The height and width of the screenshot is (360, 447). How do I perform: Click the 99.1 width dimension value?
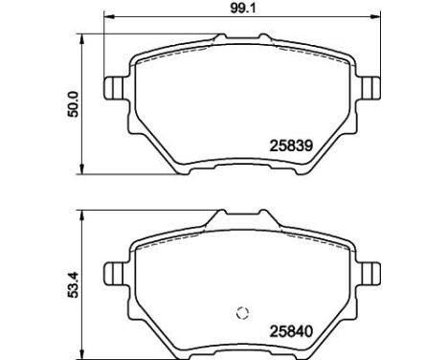pyautogui.click(x=243, y=8)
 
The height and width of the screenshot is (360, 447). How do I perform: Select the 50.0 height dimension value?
pyautogui.click(x=73, y=104)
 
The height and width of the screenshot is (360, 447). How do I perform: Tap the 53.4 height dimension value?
pyautogui.click(x=73, y=284)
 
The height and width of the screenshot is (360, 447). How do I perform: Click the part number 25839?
pyautogui.click(x=291, y=146)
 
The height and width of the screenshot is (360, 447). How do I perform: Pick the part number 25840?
pyautogui.click(x=291, y=331)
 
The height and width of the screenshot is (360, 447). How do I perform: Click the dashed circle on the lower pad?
pyautogui.click(x=243, y=312)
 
